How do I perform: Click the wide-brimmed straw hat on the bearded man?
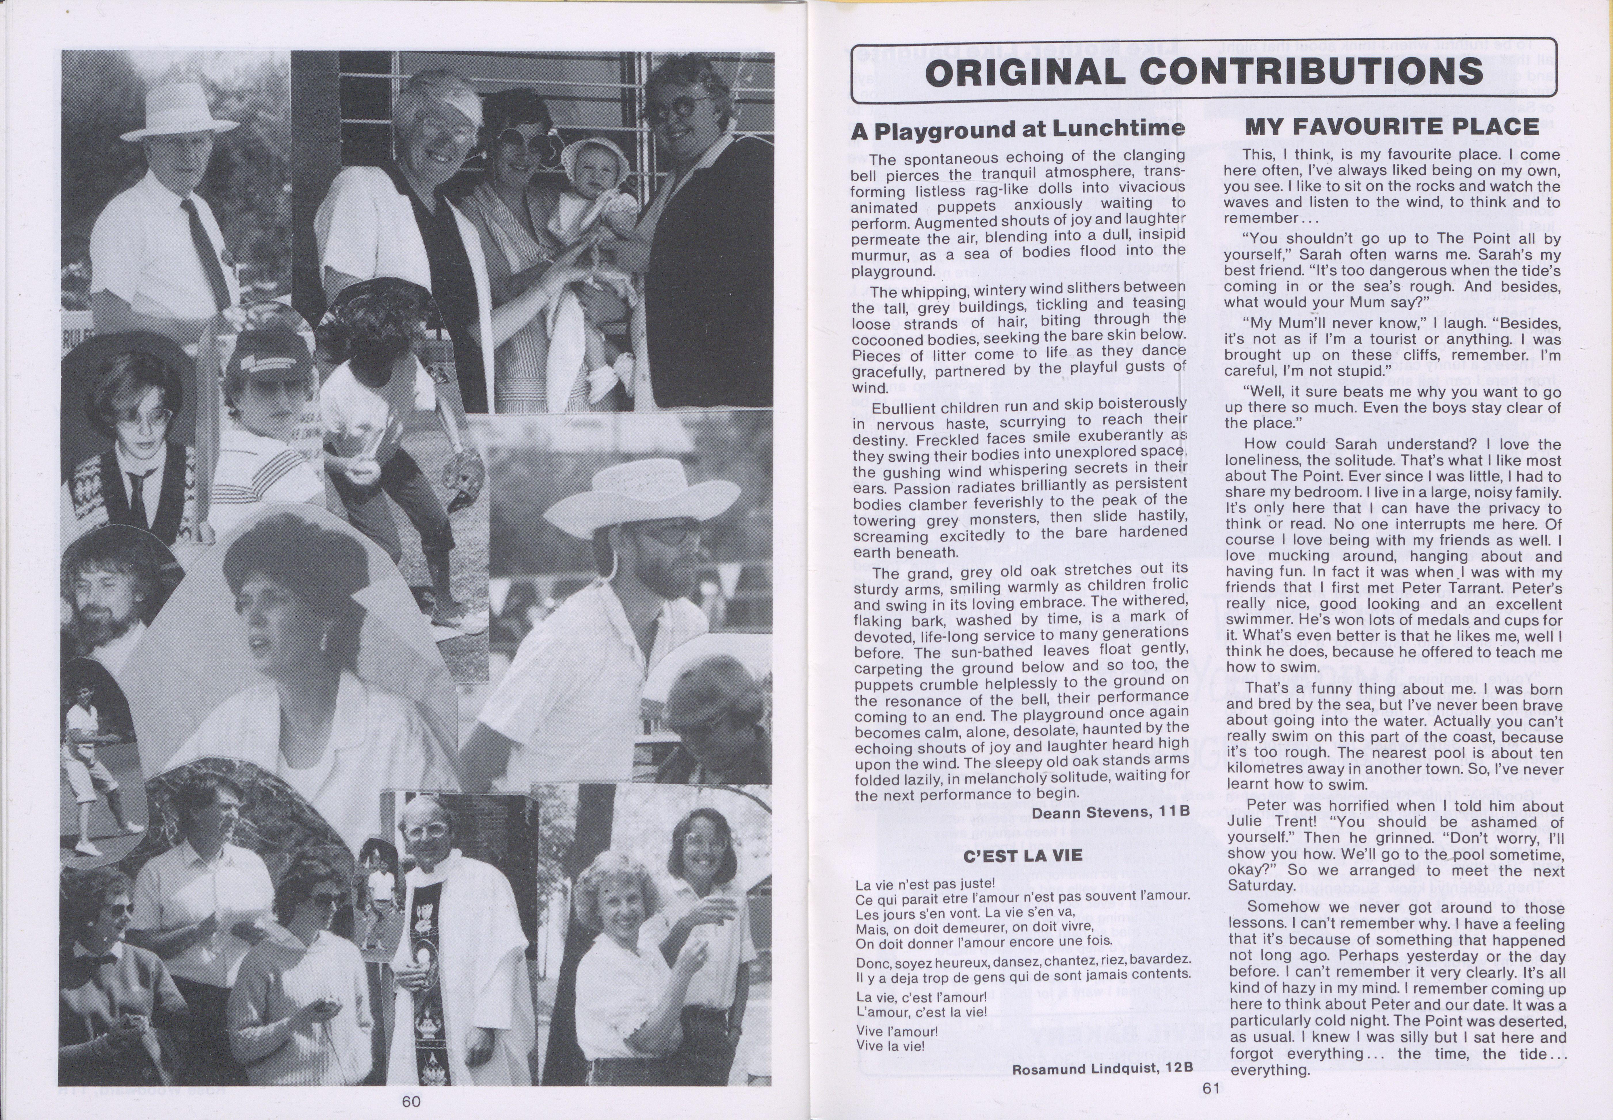636,498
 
